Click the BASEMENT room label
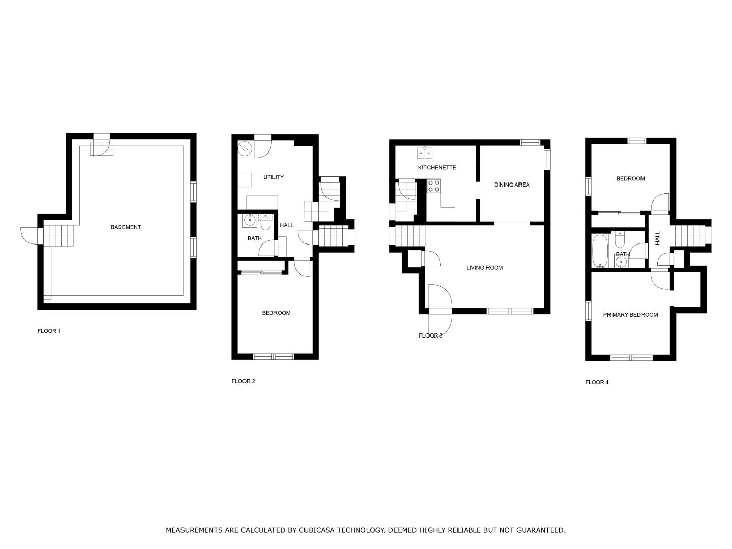pyautogui.click(x=126, y=227)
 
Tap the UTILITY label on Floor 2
pyautogui.click(x=273, y=177)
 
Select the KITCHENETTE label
pyautogui.click(x=437, y=168)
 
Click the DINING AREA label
pyautogui.click(x=511, y=185)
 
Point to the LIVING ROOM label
pyautogui.click(x=484, y=268)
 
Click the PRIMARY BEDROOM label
pyautogui.click(x=630, y=315)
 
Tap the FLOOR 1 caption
pyautogui.click(x=49, y=331)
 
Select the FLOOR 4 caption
pyautogui.click(x=597, y=382)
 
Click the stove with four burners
pyautogui.click(x=434, y=186)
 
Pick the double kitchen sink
pyautogui.click(x=425, y=152)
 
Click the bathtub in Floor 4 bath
pyautogui.click(x=600, y=251)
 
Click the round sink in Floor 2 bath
pyautogui.click(x=250, y=221)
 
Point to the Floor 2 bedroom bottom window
pyautogui.click(x=273, y=357)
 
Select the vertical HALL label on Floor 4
pyautogui.click(x=657, y=238)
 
